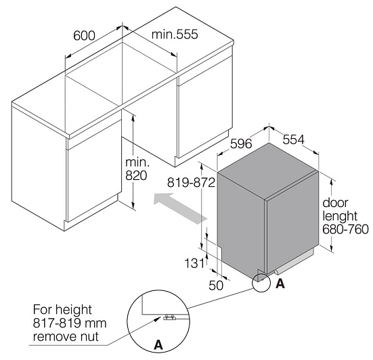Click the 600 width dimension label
tap(84, 36)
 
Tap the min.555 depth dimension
tap(175, 35)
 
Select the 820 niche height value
tap(136, 176)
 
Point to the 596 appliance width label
tap(241, 143)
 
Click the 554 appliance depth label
tap(294, 139)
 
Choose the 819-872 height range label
tap(192, 183)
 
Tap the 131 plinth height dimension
tap(194, 263)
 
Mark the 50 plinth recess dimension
tap(216, 286)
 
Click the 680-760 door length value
tap(346, 229)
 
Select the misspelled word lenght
tap(340, 216)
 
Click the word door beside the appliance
tap(335, 203)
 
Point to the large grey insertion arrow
tap(181, 208)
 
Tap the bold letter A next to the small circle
tap(280, 284)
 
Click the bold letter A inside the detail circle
tap(158, 344)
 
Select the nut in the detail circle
tap(169, 317)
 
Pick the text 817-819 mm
tap(70, 323)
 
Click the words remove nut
tap(66, 337)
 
